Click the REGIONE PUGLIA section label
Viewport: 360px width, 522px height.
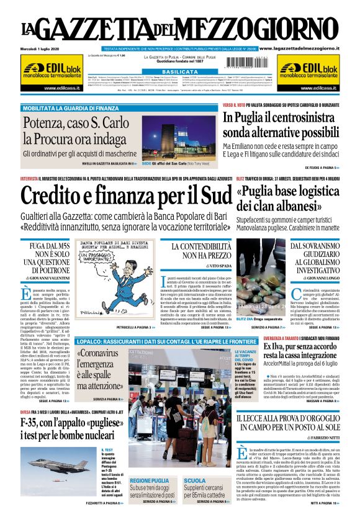click(x=149, y=480)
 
